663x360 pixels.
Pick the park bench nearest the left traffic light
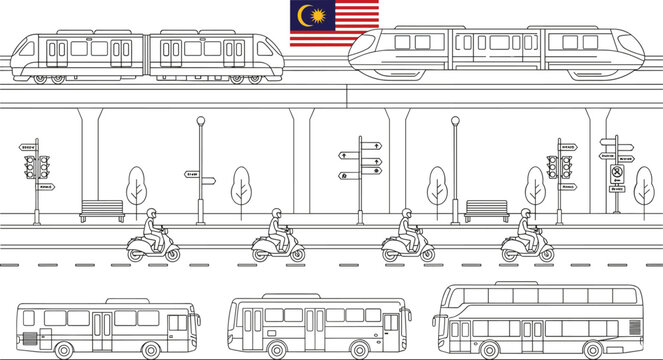point(102,210)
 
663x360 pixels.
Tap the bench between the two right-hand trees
point(487,210)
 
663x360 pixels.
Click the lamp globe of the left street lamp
point(201,122)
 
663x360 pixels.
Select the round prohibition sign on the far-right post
point(617,171)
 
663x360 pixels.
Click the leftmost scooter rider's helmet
point(152,214)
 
